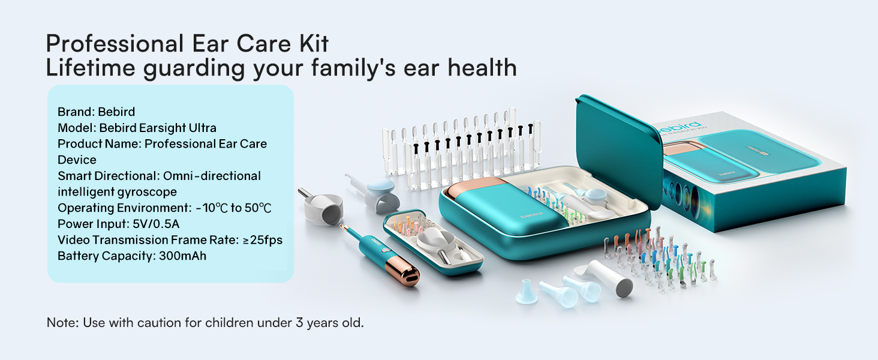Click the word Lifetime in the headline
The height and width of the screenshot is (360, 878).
[x=89, y=68]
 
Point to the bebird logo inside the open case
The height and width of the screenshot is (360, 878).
[x=528, y=215]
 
